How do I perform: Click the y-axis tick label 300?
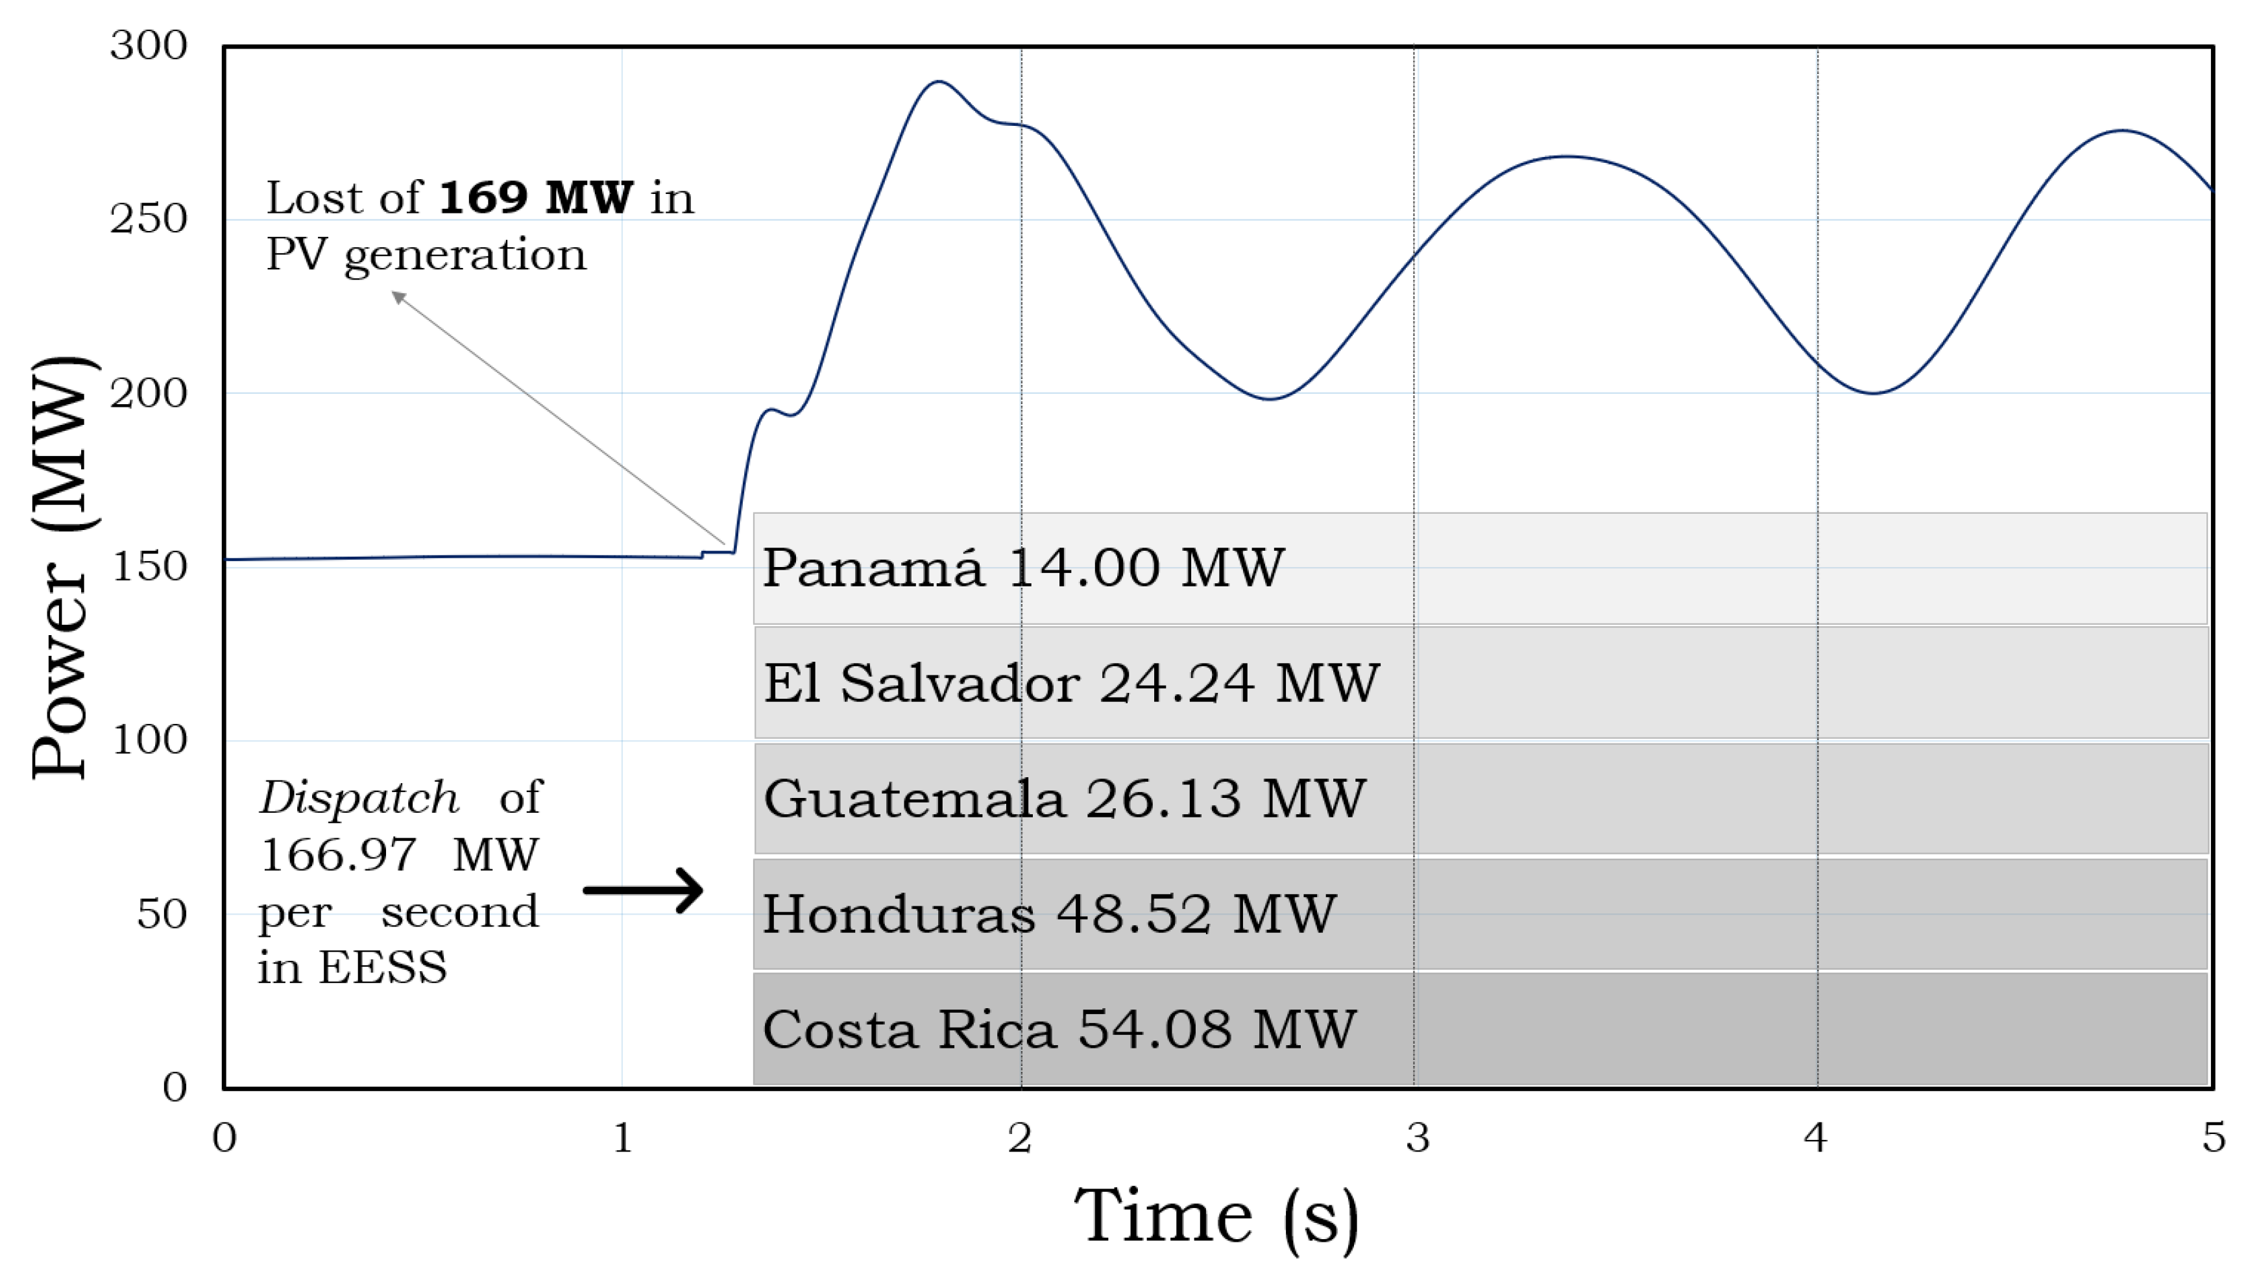tap(149, 45)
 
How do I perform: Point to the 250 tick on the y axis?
tap(149, 219)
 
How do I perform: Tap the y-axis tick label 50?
tap(162, 914)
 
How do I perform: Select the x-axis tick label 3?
tap(1417, 1137)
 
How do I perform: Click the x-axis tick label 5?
tap(2214, 1137)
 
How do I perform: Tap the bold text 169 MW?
tap(535, 197)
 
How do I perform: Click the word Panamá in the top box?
tap(872, 568)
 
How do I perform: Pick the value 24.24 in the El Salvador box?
tap(1176, 683)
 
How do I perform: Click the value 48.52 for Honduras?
tap(1134, 914)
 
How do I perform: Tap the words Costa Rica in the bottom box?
tap(909, 1030)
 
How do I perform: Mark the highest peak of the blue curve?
tap(939, 82)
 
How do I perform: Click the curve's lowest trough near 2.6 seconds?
tap(1270, 398)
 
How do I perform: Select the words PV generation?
tap(426, 255)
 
